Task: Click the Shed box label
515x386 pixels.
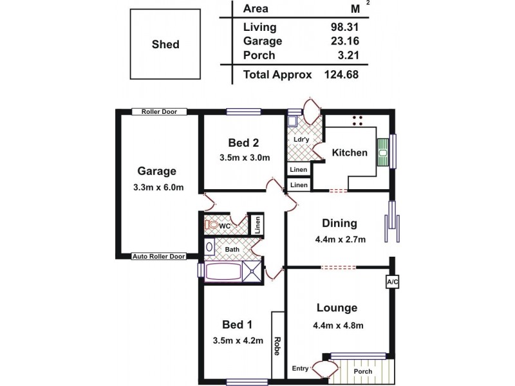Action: click(x=165, y=44)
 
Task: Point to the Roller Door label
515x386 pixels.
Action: click(x=159, y=111)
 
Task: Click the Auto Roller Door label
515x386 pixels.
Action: click(x=159, y=256)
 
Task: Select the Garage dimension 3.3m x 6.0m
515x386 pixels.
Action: click(x=157, y=188)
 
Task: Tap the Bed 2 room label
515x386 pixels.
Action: click(x=243, y=142)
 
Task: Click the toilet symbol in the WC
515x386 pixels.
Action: click(x=211, y=226)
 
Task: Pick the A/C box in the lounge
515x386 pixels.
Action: click(x=391, y=282)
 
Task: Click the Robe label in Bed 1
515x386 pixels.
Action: click(x=277, y=346)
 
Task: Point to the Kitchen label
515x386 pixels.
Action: click(x=350, y=152)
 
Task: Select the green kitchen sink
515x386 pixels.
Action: click(x=382, y=152)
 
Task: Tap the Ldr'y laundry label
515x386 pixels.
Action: click(x=300, y=139)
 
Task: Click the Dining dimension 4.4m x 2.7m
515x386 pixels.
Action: click(x=339, y=240)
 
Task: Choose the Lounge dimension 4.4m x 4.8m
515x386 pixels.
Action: click(x=337, y=325)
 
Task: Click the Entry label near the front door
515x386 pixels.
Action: click(x=300, y=367)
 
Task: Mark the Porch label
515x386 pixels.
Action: click(x=363, y=371)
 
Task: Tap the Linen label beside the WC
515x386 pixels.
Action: click(x=256, y=225)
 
